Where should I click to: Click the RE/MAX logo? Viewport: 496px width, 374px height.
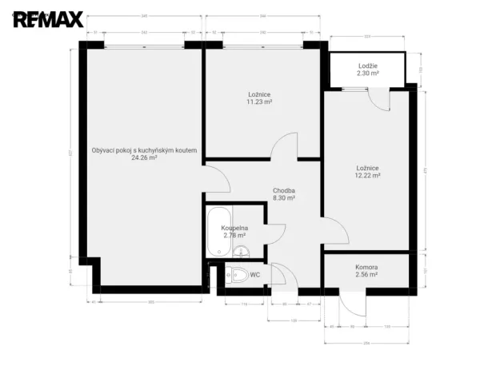pyautogui.click(x=47, y=18)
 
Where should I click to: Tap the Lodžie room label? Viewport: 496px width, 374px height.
pyautogui.click(x=367, y=65)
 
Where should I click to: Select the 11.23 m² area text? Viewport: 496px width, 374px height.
pyautogui.click(x=259, y=102)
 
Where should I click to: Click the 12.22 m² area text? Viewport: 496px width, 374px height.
pyautogui.click(x=367, y=175)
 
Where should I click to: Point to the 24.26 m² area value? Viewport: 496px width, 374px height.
pyautogui.click(x=144, y=158)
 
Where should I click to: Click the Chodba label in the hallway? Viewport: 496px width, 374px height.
pyautogui.click(x=284, y=190)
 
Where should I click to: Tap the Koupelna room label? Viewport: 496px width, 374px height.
pyautogui.click(x=234, y=228)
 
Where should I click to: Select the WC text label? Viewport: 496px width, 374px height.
pyautogui.click(x=255, y=275)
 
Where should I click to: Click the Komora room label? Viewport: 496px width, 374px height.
pyautogui.click(x=366, y=267)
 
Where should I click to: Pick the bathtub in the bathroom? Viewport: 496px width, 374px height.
pyautogui.click(x=216, y=231)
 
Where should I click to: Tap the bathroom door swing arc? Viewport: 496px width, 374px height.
pyautogui.click(x=275, y=232)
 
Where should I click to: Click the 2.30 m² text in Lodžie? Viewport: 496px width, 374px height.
pyautogui.click(x=367, y=73)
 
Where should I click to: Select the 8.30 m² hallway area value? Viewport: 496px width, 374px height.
pyautogui.click(x=284, y=198)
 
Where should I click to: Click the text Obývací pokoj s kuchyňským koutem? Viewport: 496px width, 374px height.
pyautogui.click(x=144, y=149)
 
